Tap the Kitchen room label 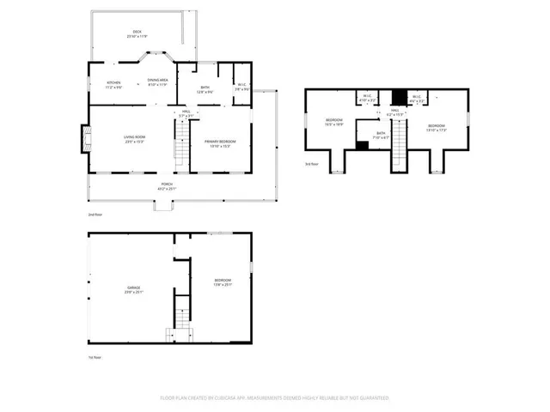(114, 85)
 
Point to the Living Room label (133, 140)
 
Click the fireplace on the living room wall (85, 139)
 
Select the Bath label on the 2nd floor (205, 88)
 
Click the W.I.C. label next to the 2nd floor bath (242, 87)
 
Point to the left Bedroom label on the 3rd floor (333, 122)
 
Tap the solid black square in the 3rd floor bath (363, 146)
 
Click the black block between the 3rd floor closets (398, 97)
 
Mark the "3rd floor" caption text (311, 164)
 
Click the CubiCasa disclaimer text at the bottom (274, 398)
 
